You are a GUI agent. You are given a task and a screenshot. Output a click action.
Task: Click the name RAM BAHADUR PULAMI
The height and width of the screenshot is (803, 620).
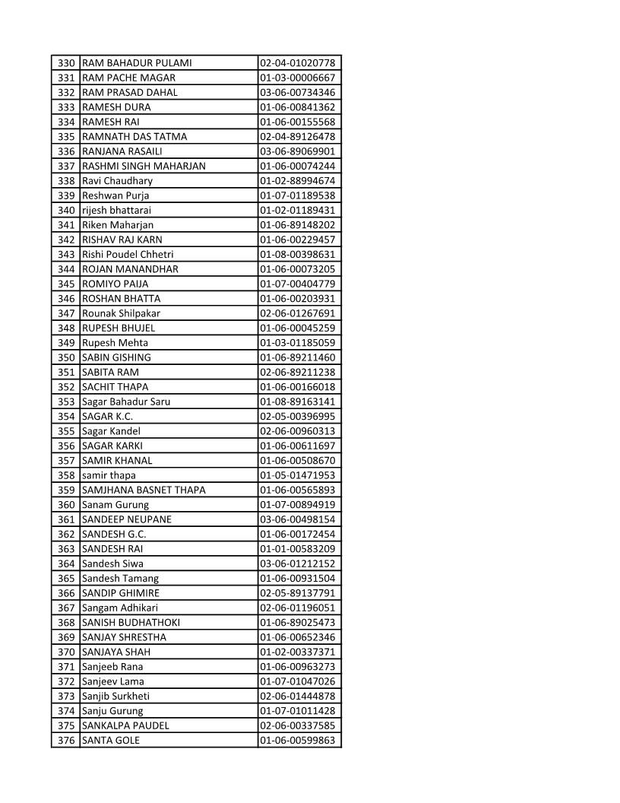[x=137, y=63]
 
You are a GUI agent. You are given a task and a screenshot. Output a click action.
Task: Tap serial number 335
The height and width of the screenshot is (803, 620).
[x=67, y=137]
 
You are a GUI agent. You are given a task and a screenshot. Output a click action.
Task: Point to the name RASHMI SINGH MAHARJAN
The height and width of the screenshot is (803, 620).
[x=144, y=166]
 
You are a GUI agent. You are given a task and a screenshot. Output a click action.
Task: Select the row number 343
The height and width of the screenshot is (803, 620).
[x=67, y=254]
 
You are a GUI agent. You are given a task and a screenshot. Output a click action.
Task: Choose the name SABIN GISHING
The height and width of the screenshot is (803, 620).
[x=116, y=357]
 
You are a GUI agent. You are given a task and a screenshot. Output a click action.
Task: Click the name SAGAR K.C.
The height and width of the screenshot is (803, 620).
[x=108, y=417]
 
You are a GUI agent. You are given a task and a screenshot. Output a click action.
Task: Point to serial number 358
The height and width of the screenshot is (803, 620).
[x=67, y=475]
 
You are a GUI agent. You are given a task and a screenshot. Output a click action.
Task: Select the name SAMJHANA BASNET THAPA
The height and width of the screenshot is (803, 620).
[x=144, y=490]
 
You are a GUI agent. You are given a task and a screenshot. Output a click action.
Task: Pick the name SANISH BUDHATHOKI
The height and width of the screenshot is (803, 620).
[x=131, y=623]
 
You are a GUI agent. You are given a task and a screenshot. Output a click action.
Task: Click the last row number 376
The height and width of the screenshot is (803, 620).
[x=67, y=740]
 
